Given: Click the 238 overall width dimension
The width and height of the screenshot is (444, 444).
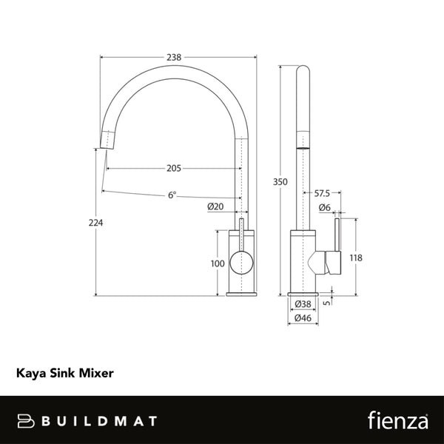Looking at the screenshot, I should [x=174, y=56].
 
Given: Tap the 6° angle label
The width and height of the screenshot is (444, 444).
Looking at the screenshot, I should [x=172, y=195].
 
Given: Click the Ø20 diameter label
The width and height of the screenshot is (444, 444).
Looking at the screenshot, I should [x=215, y=206].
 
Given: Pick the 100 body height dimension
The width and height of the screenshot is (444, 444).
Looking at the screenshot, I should [x=218, y=263].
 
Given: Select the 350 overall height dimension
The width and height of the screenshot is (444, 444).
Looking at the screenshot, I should [x=280, y=179].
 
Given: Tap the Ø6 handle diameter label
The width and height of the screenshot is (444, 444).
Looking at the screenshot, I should [x=324, y=207].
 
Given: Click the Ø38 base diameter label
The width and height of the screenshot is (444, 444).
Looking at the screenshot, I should [x=303, y=303].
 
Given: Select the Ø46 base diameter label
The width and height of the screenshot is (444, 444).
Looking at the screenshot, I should [x=303, y=317].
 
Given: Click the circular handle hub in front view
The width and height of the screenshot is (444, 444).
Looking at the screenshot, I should [x=241, y=263].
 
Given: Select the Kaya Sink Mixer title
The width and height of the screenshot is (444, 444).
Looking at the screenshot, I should [x=64, y=373].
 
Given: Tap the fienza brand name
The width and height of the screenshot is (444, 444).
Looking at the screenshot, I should [x=397, y=420].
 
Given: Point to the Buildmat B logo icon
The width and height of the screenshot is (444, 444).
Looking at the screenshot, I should [x=28, y=420].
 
